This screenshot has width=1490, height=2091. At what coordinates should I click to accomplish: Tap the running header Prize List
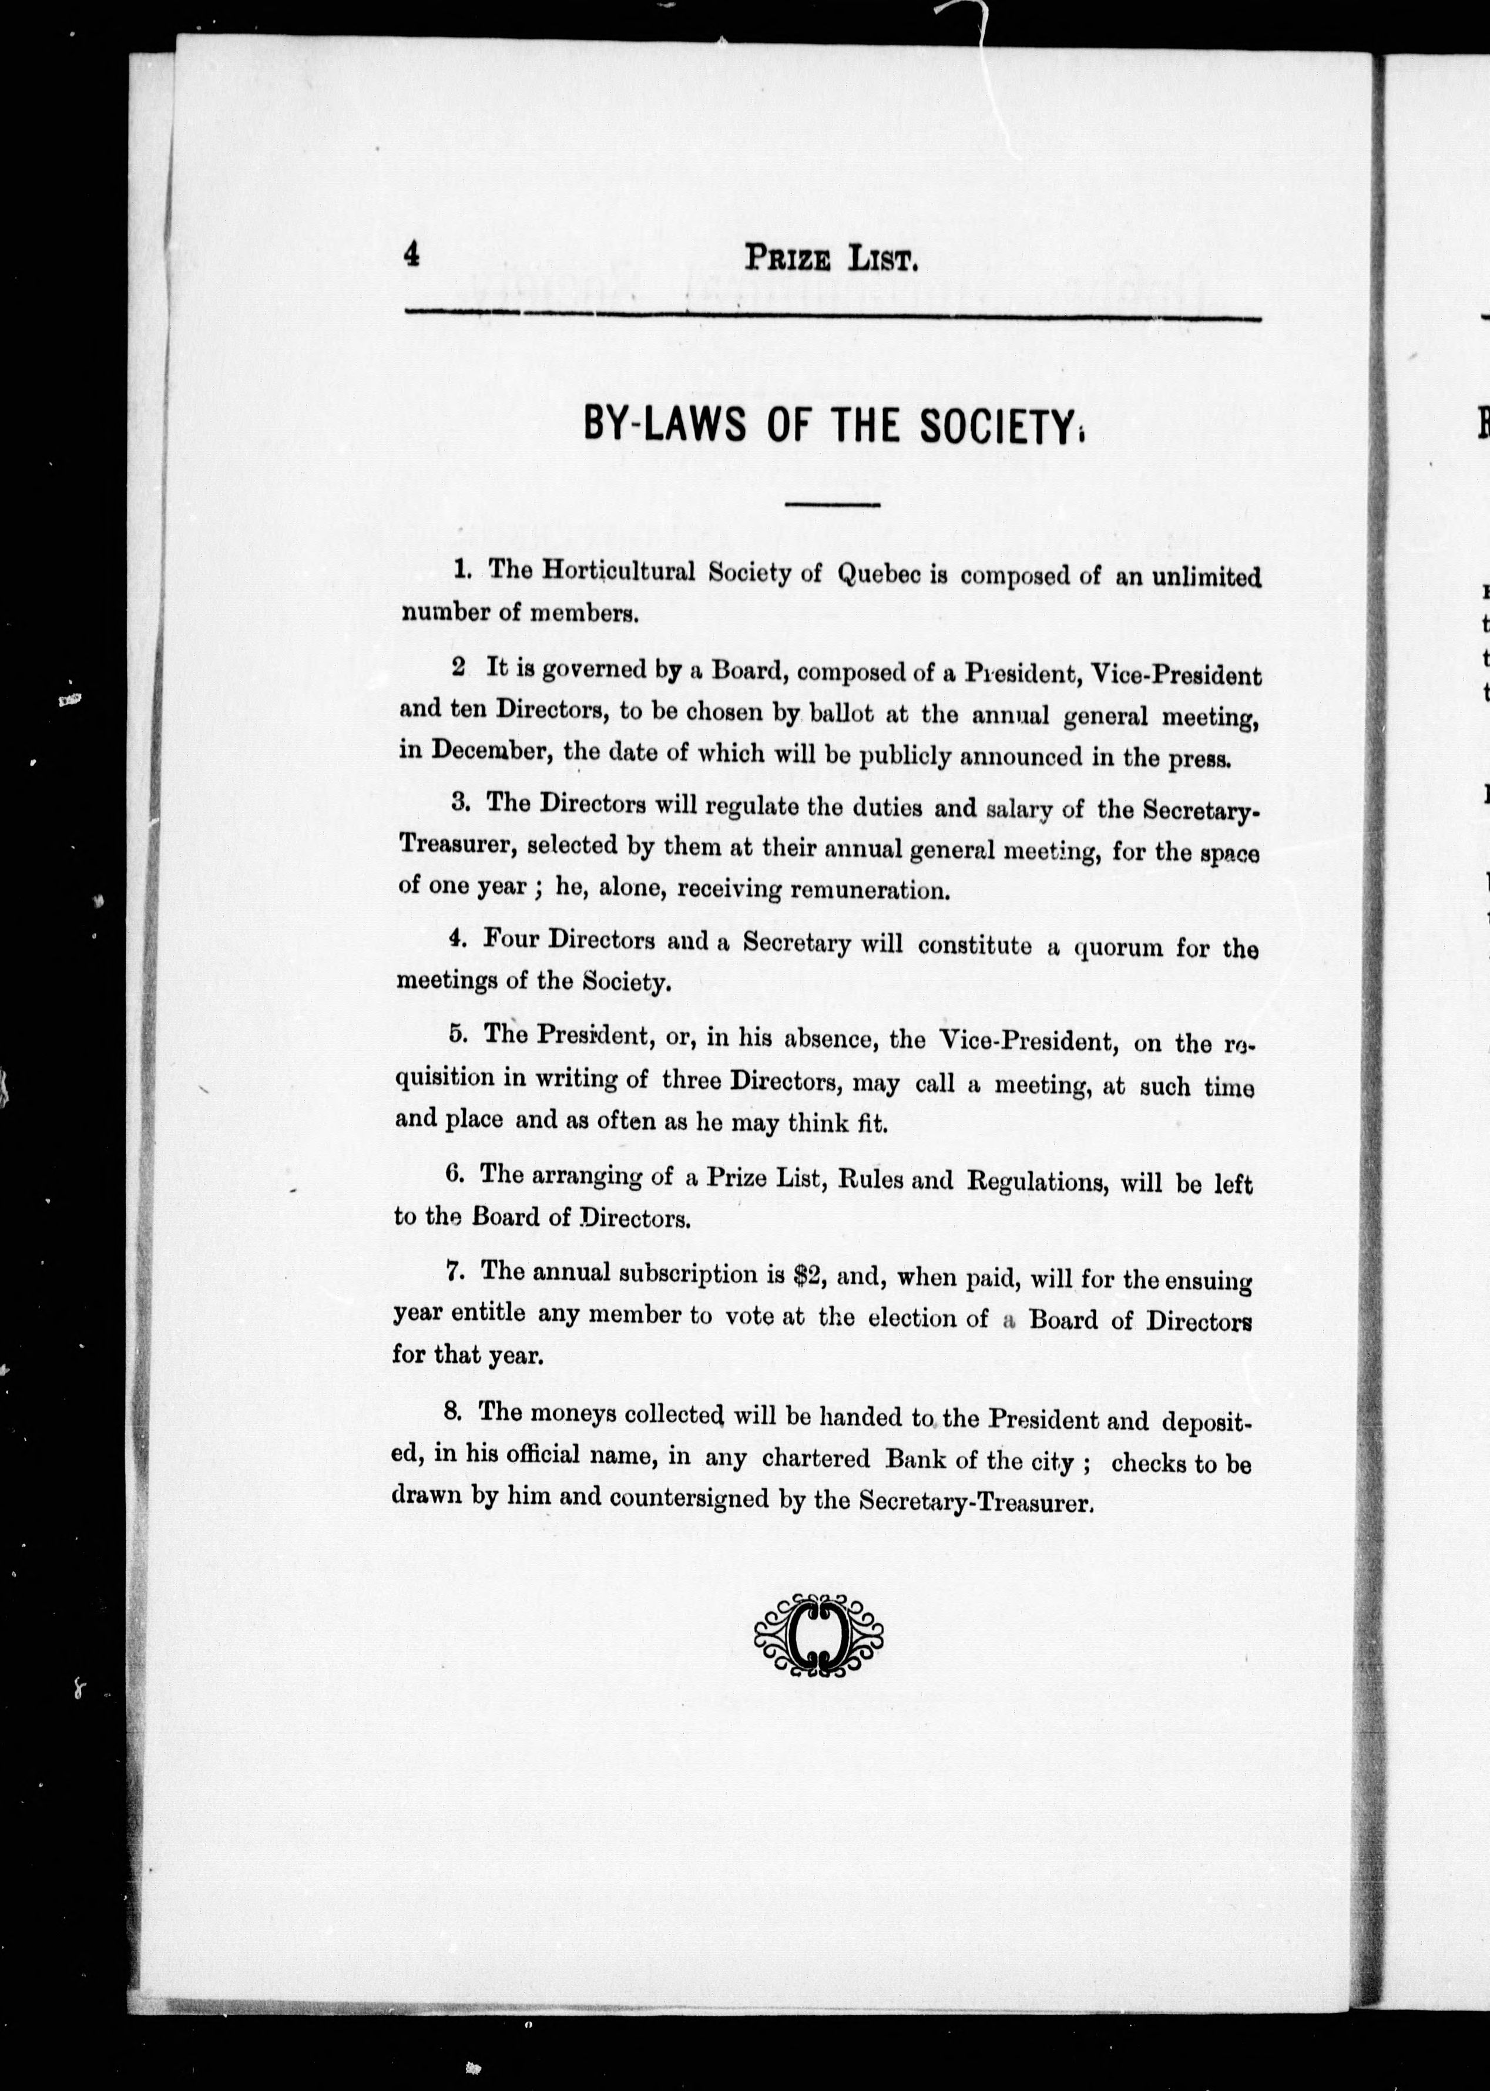click(830, 260)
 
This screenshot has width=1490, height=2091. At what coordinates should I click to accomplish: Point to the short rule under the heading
click(832, 505)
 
